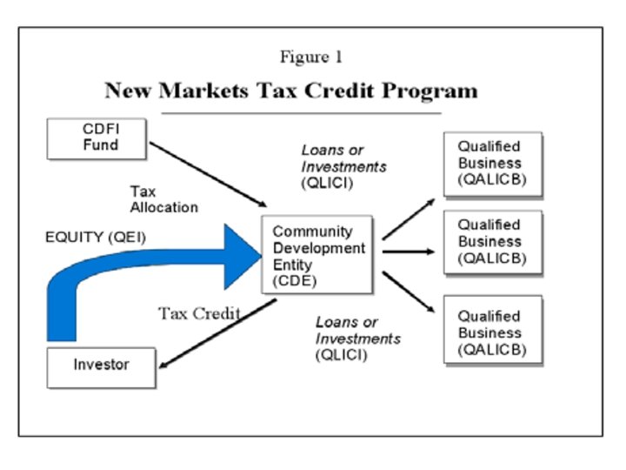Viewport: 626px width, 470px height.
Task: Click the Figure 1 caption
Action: [x=310, y=57]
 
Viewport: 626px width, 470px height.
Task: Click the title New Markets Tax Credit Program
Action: [x=290, y=91]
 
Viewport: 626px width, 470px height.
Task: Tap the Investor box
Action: [x=101, y=366]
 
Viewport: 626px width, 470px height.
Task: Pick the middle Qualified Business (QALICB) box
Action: [x=492, y=241]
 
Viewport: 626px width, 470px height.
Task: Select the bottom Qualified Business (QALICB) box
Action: [x=492, y=332]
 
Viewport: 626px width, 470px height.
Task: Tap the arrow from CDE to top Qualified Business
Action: [x=408, y=218]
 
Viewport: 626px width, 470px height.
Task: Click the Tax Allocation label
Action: [x=163, y=199]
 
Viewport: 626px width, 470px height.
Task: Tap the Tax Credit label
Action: [x=198, y=313]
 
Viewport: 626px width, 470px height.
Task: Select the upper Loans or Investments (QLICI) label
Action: [x=343, y=165]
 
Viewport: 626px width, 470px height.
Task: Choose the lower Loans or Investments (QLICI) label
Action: [x=357, y=338]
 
